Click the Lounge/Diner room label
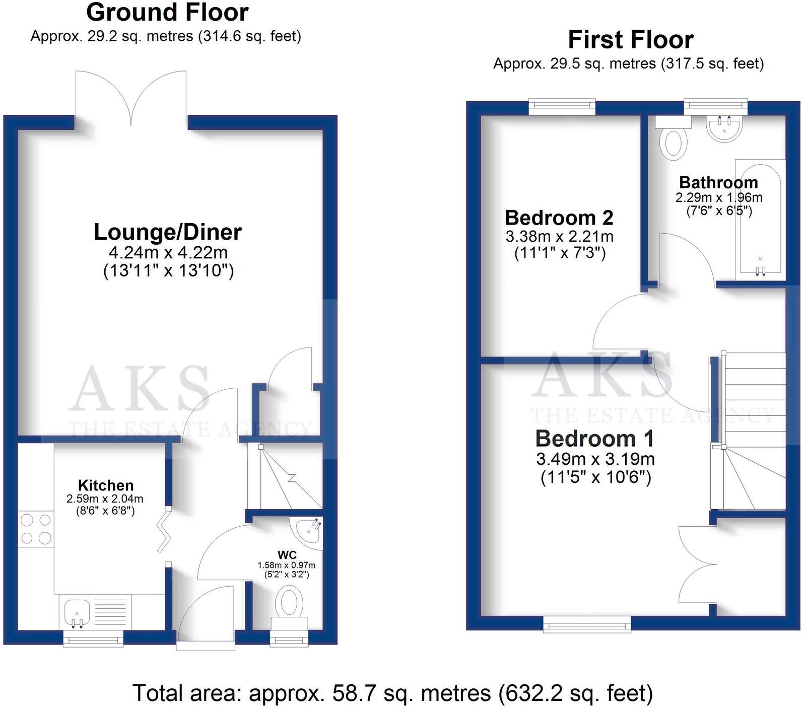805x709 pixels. point(168,232)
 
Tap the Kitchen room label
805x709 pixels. point(106,485)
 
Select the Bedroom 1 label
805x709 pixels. point(594,439)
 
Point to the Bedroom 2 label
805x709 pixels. point(559,218)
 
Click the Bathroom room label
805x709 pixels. point(718,182)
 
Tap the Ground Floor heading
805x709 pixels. point(167,13)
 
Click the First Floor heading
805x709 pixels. point(630,40)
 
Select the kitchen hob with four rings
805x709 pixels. point(36,529)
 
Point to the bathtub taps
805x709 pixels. point(760,271)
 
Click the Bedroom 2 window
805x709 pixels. point(562,105)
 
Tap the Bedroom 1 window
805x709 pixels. point(587,625)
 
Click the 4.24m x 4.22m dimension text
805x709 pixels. point(168,252)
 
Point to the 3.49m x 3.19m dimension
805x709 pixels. point(595,459)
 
